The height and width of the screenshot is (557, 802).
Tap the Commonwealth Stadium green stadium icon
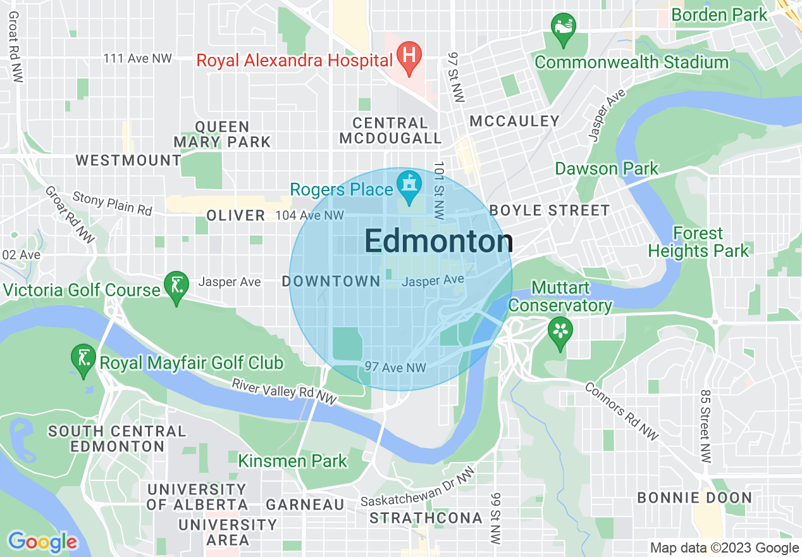point(563,28)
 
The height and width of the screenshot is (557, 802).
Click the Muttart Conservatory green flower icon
point(560,331)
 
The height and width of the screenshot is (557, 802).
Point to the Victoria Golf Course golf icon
point(176,285)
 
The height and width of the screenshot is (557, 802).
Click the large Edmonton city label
point(438,242)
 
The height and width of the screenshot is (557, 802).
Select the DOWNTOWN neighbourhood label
point(331,281)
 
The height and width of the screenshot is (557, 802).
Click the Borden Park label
point(719,15)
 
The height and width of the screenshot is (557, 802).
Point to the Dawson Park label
point(607,169)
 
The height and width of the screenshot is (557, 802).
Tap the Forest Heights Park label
point(698,242)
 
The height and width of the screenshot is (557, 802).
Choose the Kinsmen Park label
point(292,461)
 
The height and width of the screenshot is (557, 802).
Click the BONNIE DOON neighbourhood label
point(694,498)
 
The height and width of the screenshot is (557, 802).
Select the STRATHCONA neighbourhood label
point(426,518)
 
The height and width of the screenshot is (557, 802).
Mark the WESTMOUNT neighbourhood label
point(128,160)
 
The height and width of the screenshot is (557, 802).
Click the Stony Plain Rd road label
point(113,203)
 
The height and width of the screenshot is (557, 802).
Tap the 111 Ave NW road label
point(138,58)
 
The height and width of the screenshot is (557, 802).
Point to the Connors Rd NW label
point(622,411)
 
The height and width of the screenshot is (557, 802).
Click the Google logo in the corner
point(42,542)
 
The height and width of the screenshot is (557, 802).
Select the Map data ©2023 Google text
point(725,548)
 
